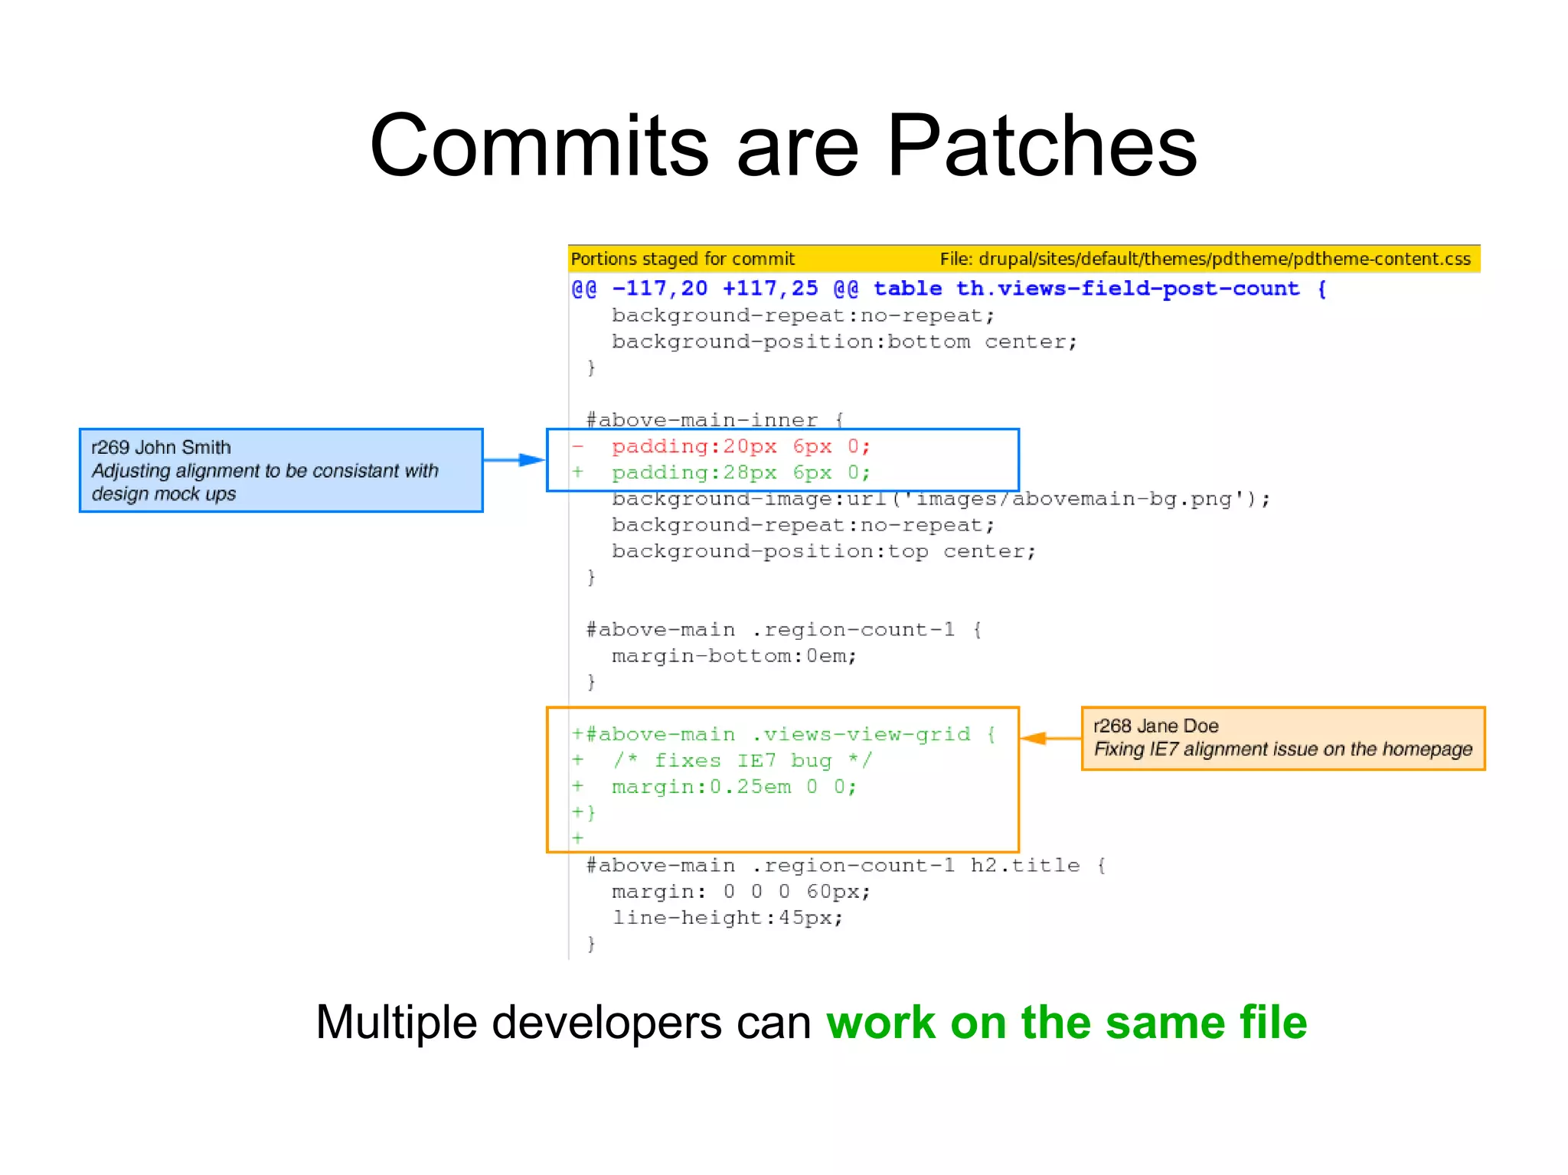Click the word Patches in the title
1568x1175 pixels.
coord(1041,145)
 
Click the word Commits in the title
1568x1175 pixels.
coord(539,145)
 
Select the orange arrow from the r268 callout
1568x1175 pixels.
coord(1050,738)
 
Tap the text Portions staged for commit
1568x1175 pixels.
coord(683,259)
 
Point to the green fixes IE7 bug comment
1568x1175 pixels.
coord(743,761)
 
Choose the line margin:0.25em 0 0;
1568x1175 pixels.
coord(733,787)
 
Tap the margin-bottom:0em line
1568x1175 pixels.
coord(733,656)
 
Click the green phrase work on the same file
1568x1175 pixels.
coord(1067,1023)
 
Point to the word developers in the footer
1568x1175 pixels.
coord(606,1023)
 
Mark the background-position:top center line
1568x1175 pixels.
coord(823,552)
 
